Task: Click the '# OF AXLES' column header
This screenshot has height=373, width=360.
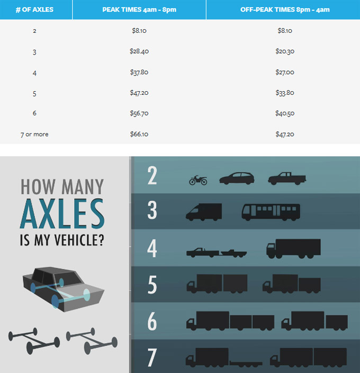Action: (x=34, y=10)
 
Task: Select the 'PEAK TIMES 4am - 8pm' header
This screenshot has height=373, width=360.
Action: (x=139, y=10)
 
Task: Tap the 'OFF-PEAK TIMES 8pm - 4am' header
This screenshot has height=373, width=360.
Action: (x=285, y=10)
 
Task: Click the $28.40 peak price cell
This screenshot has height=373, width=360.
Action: (x=139, y=51)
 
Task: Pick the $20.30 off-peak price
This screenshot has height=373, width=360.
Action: (x=285, y=51)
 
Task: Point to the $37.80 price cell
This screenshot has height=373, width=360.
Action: (x=139, y=72)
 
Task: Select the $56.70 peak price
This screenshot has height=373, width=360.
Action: (x=139, y=113)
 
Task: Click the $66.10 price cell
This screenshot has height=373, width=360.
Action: (x=139, y=134)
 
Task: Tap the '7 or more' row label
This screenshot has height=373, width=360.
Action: (x=34, y=135)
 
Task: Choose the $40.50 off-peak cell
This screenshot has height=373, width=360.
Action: (x=285, y=113)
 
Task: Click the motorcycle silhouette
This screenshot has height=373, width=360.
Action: (x=198, y=180)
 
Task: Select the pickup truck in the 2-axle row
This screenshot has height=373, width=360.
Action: (x=287, y=179)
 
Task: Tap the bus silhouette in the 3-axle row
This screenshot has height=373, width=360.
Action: (x=271, y=212)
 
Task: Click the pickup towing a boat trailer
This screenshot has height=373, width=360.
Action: (x=217, y=253)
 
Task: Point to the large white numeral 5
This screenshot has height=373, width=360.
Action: (x=152, y=285)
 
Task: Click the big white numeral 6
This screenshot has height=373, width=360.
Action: (x=152, y=321)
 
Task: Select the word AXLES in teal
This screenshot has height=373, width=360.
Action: (x=62, y=214)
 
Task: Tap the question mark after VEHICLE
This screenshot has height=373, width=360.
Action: (x=101, y=240)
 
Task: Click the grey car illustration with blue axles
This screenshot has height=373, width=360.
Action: (x=63, y=289)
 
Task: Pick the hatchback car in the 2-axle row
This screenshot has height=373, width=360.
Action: (x=237, y=179)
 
